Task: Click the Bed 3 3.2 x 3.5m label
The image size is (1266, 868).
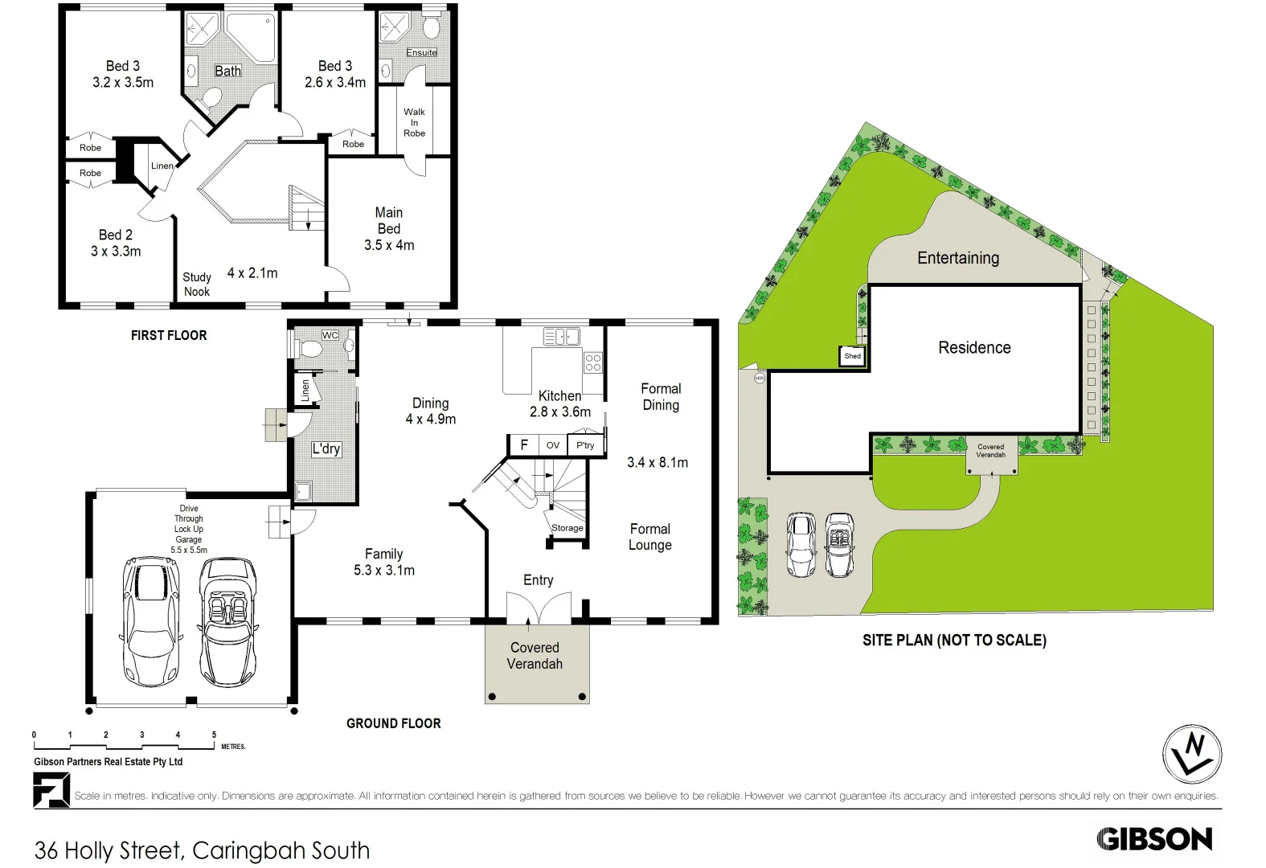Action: (x=122, y=74)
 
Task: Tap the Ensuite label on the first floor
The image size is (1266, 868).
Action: (x=421, y=52)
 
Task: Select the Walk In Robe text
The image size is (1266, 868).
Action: (x=414, y=123)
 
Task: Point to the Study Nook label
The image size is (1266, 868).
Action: (x=197, y=285)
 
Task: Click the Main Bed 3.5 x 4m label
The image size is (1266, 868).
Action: (x=389, y=229)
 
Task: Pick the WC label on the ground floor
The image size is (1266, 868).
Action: (x=330, y=335)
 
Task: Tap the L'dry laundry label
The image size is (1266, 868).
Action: (x=326, y=448)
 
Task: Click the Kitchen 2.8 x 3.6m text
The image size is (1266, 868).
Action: (x=560, y=403)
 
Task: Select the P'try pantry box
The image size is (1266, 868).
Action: (x=585, y=445)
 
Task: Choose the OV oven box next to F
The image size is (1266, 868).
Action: (x=553, y=445)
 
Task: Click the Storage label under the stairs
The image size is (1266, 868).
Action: (x=567, y=528)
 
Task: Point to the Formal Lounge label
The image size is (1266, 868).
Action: (x=650, y=537)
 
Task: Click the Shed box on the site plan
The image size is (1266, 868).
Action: (x=852, y=356)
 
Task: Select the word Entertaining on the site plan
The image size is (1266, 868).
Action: (x=958, y=258)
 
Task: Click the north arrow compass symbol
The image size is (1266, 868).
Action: (x=1192, y=754)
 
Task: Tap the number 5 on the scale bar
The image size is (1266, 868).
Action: (x=214, y=735)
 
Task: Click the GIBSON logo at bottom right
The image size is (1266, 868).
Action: (x=1154, y=839)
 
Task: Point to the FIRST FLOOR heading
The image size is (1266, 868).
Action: (x=169, y=335)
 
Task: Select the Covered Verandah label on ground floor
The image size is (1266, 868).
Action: (x=535, y=656)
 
